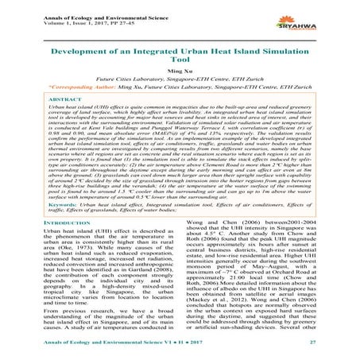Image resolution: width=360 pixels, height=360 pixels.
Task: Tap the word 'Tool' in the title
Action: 180,58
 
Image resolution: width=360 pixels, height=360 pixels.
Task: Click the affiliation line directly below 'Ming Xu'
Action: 180,81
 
